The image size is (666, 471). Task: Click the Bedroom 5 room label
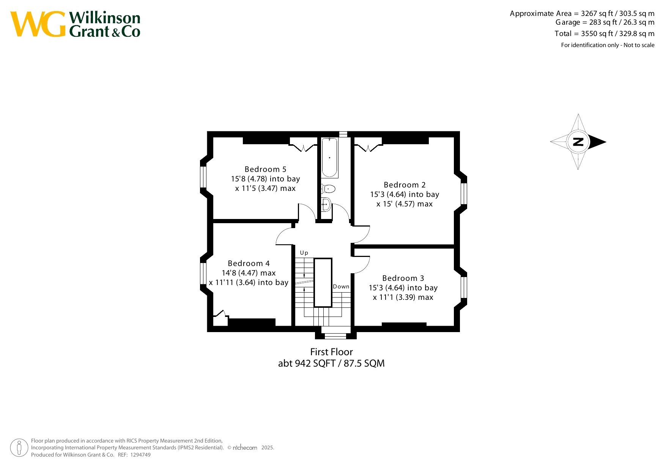(x=265, y=169)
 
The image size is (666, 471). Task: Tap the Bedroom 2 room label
(x=405, y=185)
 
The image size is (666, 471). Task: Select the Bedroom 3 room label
(x=403, y=278)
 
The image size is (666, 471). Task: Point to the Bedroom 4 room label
(x=249, y=263)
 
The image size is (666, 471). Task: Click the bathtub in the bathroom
(x=329, y=158)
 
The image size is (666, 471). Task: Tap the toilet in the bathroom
(x=328, y=189)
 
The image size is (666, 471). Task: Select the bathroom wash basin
(x=326, y=205)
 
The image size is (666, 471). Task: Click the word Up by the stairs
(x=304, y=253)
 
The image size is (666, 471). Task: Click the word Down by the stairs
(x=341, y=287)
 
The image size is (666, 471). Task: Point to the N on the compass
(x=578, y=142)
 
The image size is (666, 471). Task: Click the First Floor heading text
(x=332, y=352)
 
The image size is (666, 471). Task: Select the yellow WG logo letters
(x=38, y=24)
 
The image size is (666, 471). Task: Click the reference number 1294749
(x=140, y=455)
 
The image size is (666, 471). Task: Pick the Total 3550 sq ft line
(x=605, y=33)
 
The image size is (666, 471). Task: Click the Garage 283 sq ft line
(x=605, y=22)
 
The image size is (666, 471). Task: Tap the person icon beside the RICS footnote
(x=19, y=448)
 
